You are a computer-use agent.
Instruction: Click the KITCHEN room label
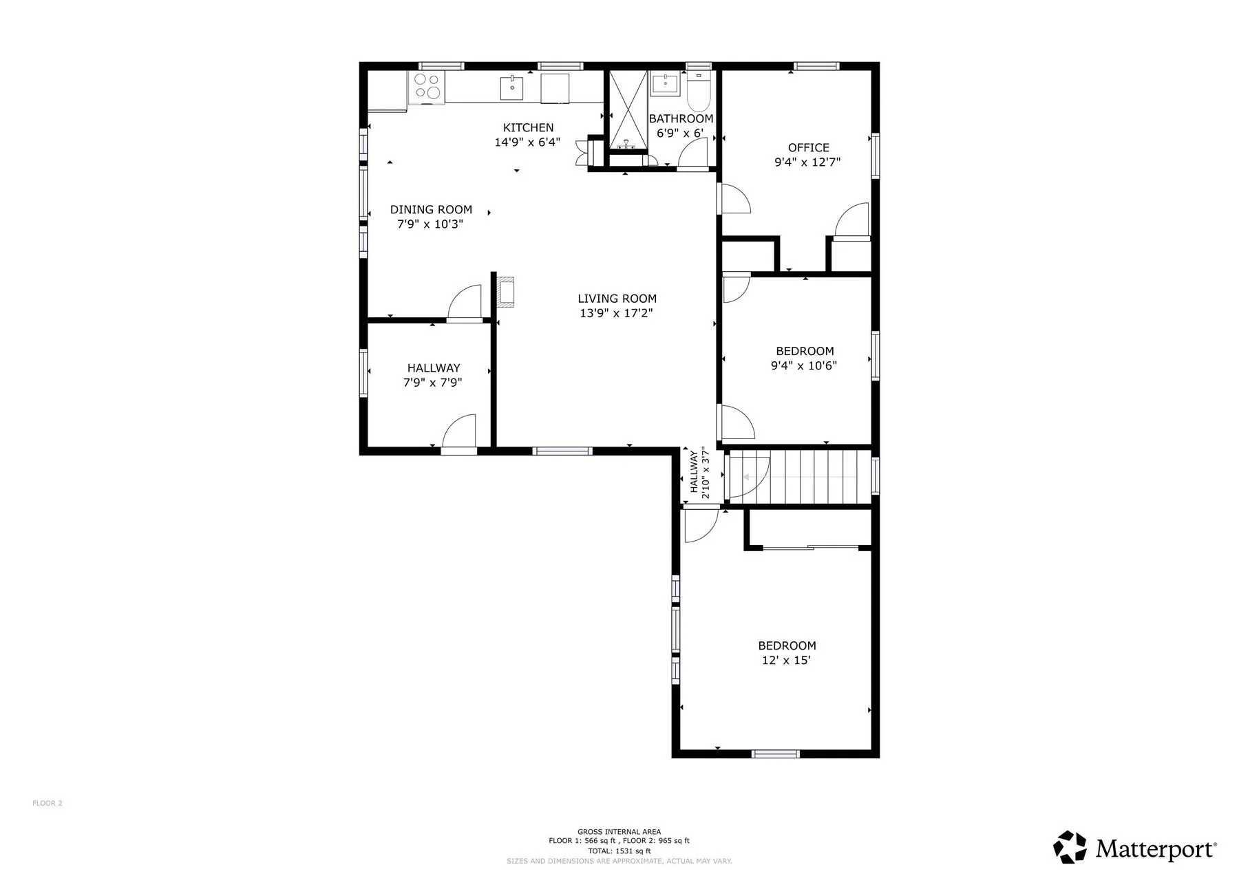coord(528,127)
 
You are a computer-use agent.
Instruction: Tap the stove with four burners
coord(427,88)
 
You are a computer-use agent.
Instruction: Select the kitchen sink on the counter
coord(511,88)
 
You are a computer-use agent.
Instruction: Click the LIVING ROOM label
coord(617,299)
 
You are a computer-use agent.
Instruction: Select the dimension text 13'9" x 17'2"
coord(617,313)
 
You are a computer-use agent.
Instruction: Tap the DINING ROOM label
coord(431,209)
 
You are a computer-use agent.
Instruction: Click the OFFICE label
coord(808,147)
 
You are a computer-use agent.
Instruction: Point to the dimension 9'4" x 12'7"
coord(808,162)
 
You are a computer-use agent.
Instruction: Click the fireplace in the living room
coord(506,291)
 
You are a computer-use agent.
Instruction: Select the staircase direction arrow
coord(798,477)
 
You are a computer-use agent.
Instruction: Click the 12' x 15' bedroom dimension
coord(786,661)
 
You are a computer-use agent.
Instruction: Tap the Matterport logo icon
coord(1070,847)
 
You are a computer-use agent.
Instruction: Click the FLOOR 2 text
coord(47,803)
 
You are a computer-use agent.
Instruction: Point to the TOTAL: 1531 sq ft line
coord(619,851)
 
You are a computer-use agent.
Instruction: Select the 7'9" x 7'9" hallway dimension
coord(432,383)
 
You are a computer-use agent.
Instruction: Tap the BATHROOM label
coord(681,118)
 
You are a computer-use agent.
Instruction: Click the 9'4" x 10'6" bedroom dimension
coord(804,365)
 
